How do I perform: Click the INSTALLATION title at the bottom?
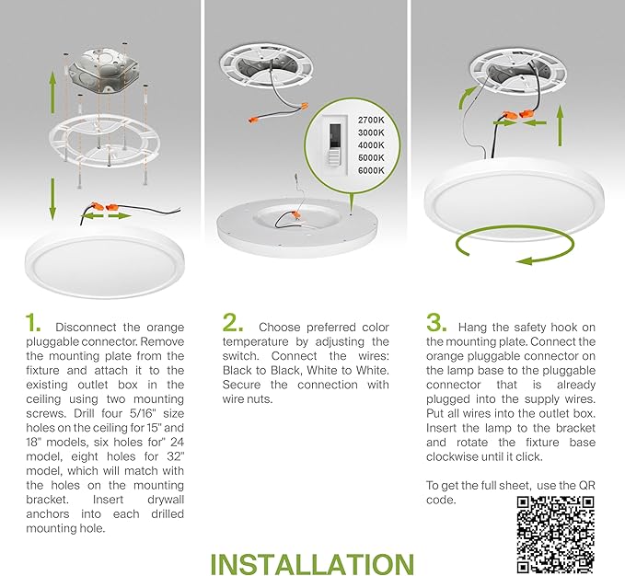[x=312, y=562]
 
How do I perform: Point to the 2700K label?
[x=373, y=121]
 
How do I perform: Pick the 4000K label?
[x=373, y=146]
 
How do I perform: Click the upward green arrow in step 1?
[x=52, y=92]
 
